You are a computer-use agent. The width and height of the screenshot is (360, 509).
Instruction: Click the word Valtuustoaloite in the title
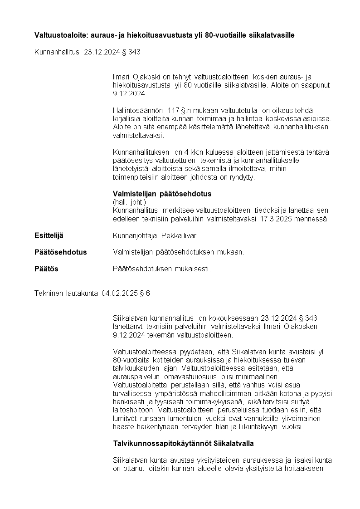click(57, 35)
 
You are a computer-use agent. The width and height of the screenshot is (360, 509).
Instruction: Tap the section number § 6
click(145, 294)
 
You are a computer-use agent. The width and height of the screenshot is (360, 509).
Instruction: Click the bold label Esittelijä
click(49, 235)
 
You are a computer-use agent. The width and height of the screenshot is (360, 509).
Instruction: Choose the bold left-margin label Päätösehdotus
click(60, 252)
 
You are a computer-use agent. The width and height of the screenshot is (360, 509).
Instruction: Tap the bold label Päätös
click(46, 269)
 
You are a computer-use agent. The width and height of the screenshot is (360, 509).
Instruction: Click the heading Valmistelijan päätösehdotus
click(162, 194)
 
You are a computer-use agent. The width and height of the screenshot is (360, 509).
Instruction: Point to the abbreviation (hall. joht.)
click(130, 202)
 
